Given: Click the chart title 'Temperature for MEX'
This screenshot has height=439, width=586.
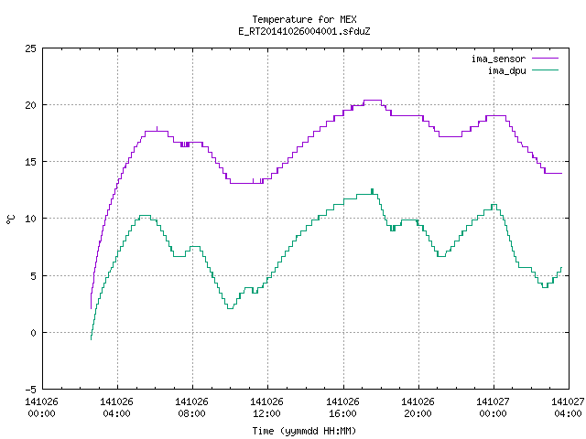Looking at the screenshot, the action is pos(304,19).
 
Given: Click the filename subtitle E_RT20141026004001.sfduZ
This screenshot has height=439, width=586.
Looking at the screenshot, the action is pos(304,31).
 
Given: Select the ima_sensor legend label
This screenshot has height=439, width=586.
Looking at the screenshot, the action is pos(498,59).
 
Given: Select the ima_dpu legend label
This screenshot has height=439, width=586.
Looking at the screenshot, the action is pos(506,70).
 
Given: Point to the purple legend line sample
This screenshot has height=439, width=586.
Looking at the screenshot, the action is pos(546,59).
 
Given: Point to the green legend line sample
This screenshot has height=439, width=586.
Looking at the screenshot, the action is pos(546,70).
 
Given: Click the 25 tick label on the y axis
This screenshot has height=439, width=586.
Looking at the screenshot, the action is pos(30,48).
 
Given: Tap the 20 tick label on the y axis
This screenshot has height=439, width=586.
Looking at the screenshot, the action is pos(30,105).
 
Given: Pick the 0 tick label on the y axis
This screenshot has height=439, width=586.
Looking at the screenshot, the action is pos(33,333).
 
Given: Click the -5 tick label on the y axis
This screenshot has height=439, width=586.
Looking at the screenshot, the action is pos(30,390).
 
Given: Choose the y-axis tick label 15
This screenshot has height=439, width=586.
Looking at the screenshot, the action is pos(30,162).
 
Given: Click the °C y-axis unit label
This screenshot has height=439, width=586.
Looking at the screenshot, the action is pos(11,219).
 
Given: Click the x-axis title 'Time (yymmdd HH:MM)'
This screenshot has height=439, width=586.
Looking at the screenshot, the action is pos(304,431).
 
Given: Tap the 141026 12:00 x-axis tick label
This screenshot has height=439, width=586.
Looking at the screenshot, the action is pos(266,407).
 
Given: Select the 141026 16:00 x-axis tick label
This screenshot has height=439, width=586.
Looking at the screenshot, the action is pos(342,407).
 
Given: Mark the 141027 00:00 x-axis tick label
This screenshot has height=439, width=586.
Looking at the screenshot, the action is pos(493,407).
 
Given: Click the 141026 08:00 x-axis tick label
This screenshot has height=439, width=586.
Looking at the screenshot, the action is pos(191,407).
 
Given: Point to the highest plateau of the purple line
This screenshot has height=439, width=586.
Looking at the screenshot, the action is pos(373,100).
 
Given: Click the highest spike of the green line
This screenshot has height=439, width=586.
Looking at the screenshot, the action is pos(373,190).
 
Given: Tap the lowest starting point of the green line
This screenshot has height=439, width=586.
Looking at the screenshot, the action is pos(92,338).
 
